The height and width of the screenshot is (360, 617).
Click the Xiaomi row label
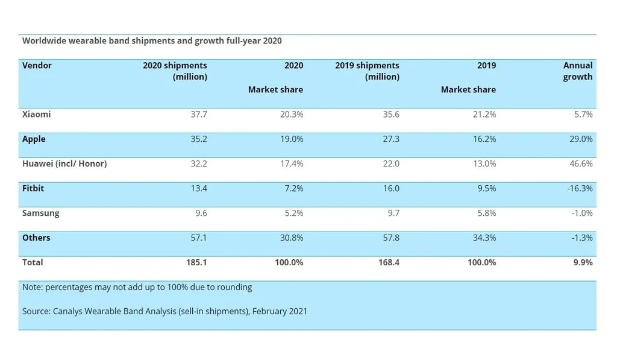[x=36, y=115]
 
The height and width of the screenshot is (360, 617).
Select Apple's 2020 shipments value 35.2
[x=198, y=139]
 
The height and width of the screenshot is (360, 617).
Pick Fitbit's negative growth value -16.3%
[x=579, y=189]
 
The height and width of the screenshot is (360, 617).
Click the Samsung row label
[x=40, y=213]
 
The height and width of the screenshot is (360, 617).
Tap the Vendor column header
[x=37, y=66]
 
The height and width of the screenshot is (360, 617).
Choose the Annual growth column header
[x=578, y=71]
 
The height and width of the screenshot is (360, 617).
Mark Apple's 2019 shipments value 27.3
[x=391, y=139]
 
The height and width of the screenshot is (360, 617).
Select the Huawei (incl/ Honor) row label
[x=64, y=164]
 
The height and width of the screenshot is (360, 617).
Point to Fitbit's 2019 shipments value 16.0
[x=391, y=189]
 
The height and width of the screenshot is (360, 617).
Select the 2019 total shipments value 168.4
[x=389, y=263]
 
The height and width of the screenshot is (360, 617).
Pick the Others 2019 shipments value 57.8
[x=391, y=238]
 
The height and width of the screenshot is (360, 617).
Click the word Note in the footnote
[x=32, y=288]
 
